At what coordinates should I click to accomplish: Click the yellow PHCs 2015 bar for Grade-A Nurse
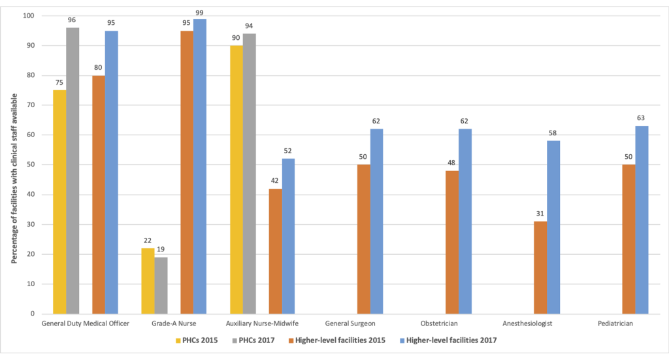click(x=148, y=281)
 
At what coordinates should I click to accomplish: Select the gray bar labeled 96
click(x=73, y=171)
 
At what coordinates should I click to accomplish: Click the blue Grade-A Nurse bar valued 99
click(x=200, y=166)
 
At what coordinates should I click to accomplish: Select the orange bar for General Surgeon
click(x=364, y=239)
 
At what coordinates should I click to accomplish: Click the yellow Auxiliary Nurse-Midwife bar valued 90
click(x=236, y=180)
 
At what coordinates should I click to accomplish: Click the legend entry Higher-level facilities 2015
click(x=340, y=340)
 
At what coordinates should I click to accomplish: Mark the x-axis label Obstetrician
click(x=458, y=323)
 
